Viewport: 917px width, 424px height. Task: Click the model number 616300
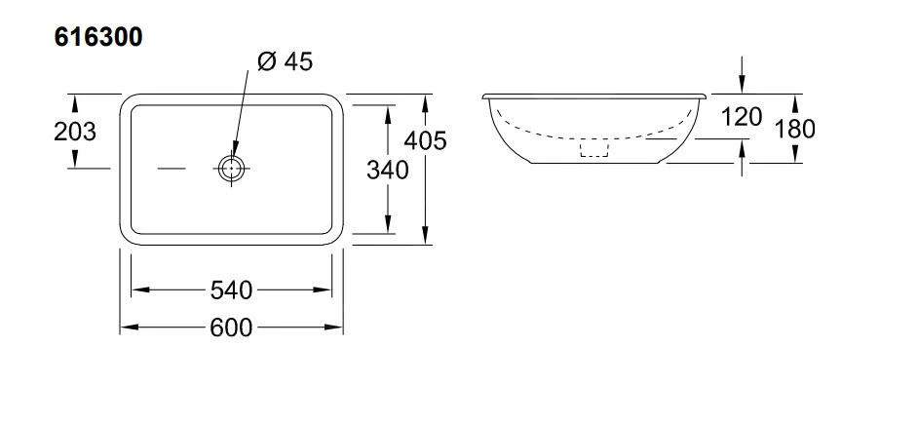[98, 37]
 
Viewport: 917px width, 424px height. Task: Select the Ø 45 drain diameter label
[286, 61]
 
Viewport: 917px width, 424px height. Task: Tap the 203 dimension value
[75, 133]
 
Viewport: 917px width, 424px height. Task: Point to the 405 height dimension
[425, 140]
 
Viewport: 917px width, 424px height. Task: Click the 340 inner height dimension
[387, 171]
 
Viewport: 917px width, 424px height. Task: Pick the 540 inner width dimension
[231, 290]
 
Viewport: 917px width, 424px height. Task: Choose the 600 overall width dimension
[231, 328]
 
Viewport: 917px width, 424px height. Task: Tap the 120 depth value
[742, 117]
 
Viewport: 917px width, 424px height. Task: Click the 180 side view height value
[795, 130]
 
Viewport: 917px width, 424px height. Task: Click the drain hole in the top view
[232, 169]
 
